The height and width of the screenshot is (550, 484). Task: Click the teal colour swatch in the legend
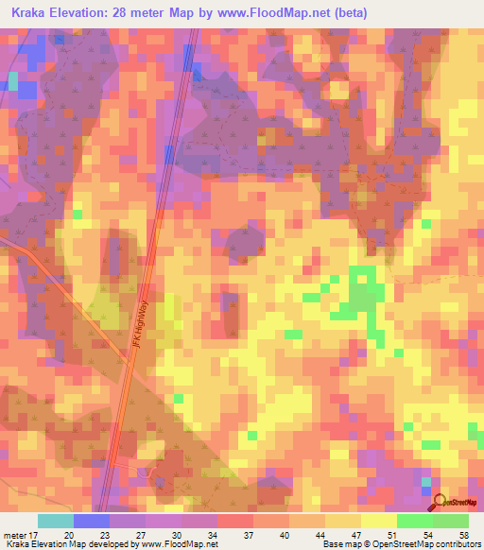tap(56, 520)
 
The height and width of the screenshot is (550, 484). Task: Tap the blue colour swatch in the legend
tap(92, 520)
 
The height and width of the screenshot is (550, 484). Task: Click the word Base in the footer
tap(332, 544)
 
